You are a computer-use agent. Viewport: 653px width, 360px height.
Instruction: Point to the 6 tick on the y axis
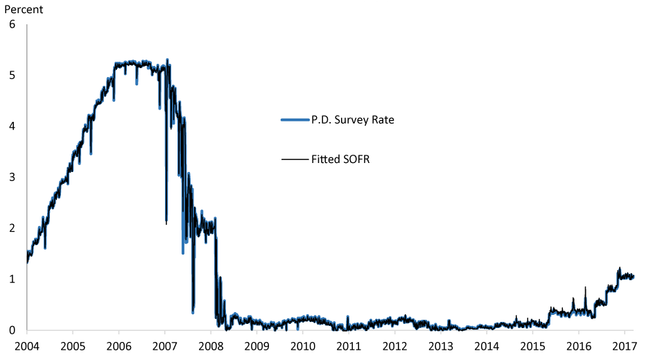12,24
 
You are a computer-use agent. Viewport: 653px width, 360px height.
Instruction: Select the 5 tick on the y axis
12,75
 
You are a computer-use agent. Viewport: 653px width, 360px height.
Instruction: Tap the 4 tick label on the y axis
12,126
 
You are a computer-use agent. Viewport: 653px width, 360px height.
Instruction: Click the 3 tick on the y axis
12,177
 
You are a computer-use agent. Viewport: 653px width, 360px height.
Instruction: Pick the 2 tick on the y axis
12,228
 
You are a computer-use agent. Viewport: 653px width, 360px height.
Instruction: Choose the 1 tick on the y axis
12,279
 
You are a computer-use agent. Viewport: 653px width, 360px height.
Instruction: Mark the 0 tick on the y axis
12,330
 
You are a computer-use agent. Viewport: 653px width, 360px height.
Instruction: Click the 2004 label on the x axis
26,345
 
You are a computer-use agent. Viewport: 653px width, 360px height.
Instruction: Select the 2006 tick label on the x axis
119,345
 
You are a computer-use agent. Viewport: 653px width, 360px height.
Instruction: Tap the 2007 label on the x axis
164,345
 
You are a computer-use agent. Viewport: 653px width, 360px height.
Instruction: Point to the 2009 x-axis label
256,345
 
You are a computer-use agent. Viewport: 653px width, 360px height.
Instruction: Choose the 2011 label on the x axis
348,345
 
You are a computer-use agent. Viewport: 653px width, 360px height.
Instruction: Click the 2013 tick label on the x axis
440,345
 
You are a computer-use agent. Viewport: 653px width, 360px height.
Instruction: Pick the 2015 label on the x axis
532,345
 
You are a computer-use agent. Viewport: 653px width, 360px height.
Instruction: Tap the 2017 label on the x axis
624,345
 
